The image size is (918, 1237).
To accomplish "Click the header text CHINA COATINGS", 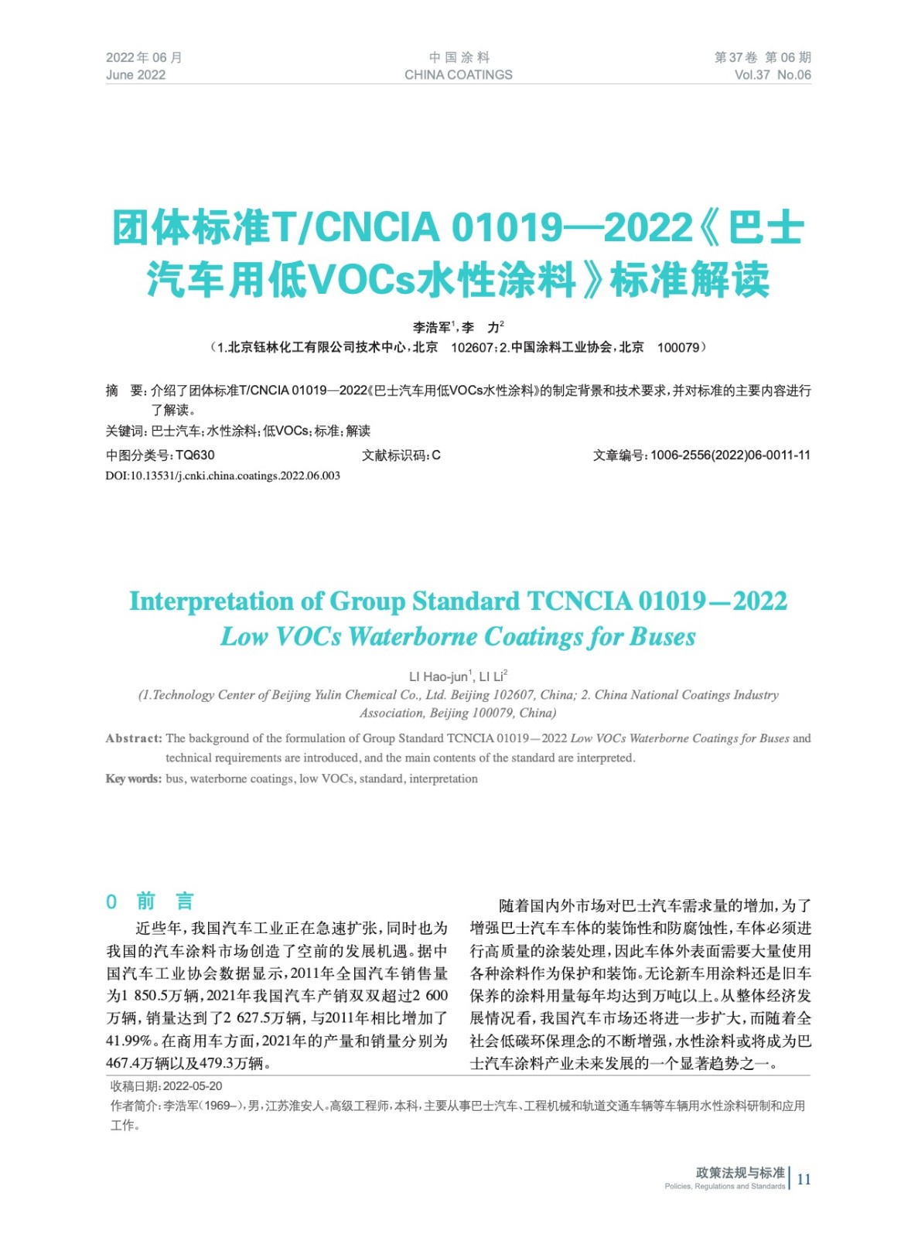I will [x=458, y=75].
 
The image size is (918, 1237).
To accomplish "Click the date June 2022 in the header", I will [x=135, y=75].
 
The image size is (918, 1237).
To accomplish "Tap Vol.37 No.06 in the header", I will [x=772, y=75].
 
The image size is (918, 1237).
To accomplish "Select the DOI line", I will [x=223, y=475].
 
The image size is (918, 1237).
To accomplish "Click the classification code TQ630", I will [x=195, y=455].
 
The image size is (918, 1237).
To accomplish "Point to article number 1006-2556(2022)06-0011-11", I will [x=730, y=455].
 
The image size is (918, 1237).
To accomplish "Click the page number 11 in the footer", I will [x=804, y=1179].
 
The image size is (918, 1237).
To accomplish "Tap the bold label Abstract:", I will [x=134, y=738].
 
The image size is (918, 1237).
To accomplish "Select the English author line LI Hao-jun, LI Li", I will [x=458, y=676].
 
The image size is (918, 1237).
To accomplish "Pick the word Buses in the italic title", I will [x=663, y=637].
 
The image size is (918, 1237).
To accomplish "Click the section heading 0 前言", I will [x=150, y=901].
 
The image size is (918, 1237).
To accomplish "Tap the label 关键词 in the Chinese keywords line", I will [x=125, y=431].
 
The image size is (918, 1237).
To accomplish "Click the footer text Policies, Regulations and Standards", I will [x=724, y=1186].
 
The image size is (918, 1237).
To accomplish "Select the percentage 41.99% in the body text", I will [x=129, y=1041].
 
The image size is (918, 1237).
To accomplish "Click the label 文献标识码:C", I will [x=401, y=455].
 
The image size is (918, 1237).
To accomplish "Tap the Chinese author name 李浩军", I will [x=432, y=328].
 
